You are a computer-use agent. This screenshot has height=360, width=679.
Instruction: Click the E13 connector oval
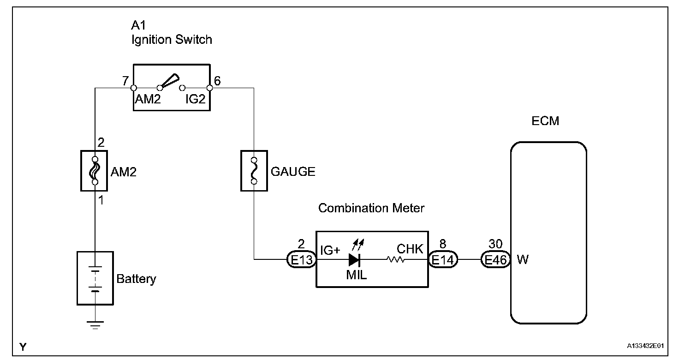302,260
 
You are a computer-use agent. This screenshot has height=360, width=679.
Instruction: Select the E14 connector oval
443,260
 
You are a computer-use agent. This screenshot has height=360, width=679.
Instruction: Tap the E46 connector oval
495,260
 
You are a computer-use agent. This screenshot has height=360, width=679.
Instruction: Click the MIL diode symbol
355,260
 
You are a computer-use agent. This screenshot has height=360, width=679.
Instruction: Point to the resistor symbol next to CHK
396,260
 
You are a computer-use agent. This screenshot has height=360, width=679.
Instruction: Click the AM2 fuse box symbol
94,170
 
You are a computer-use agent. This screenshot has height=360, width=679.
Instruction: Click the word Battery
136,279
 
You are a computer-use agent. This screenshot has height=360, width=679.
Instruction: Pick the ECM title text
546,121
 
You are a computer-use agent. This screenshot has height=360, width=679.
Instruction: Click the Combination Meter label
371,208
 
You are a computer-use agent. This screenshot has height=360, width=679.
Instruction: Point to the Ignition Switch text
172,40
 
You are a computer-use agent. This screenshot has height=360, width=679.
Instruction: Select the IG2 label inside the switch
195,99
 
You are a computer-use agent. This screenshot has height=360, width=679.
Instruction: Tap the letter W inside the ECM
523,260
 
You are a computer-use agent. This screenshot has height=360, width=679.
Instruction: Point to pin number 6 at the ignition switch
217,80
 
